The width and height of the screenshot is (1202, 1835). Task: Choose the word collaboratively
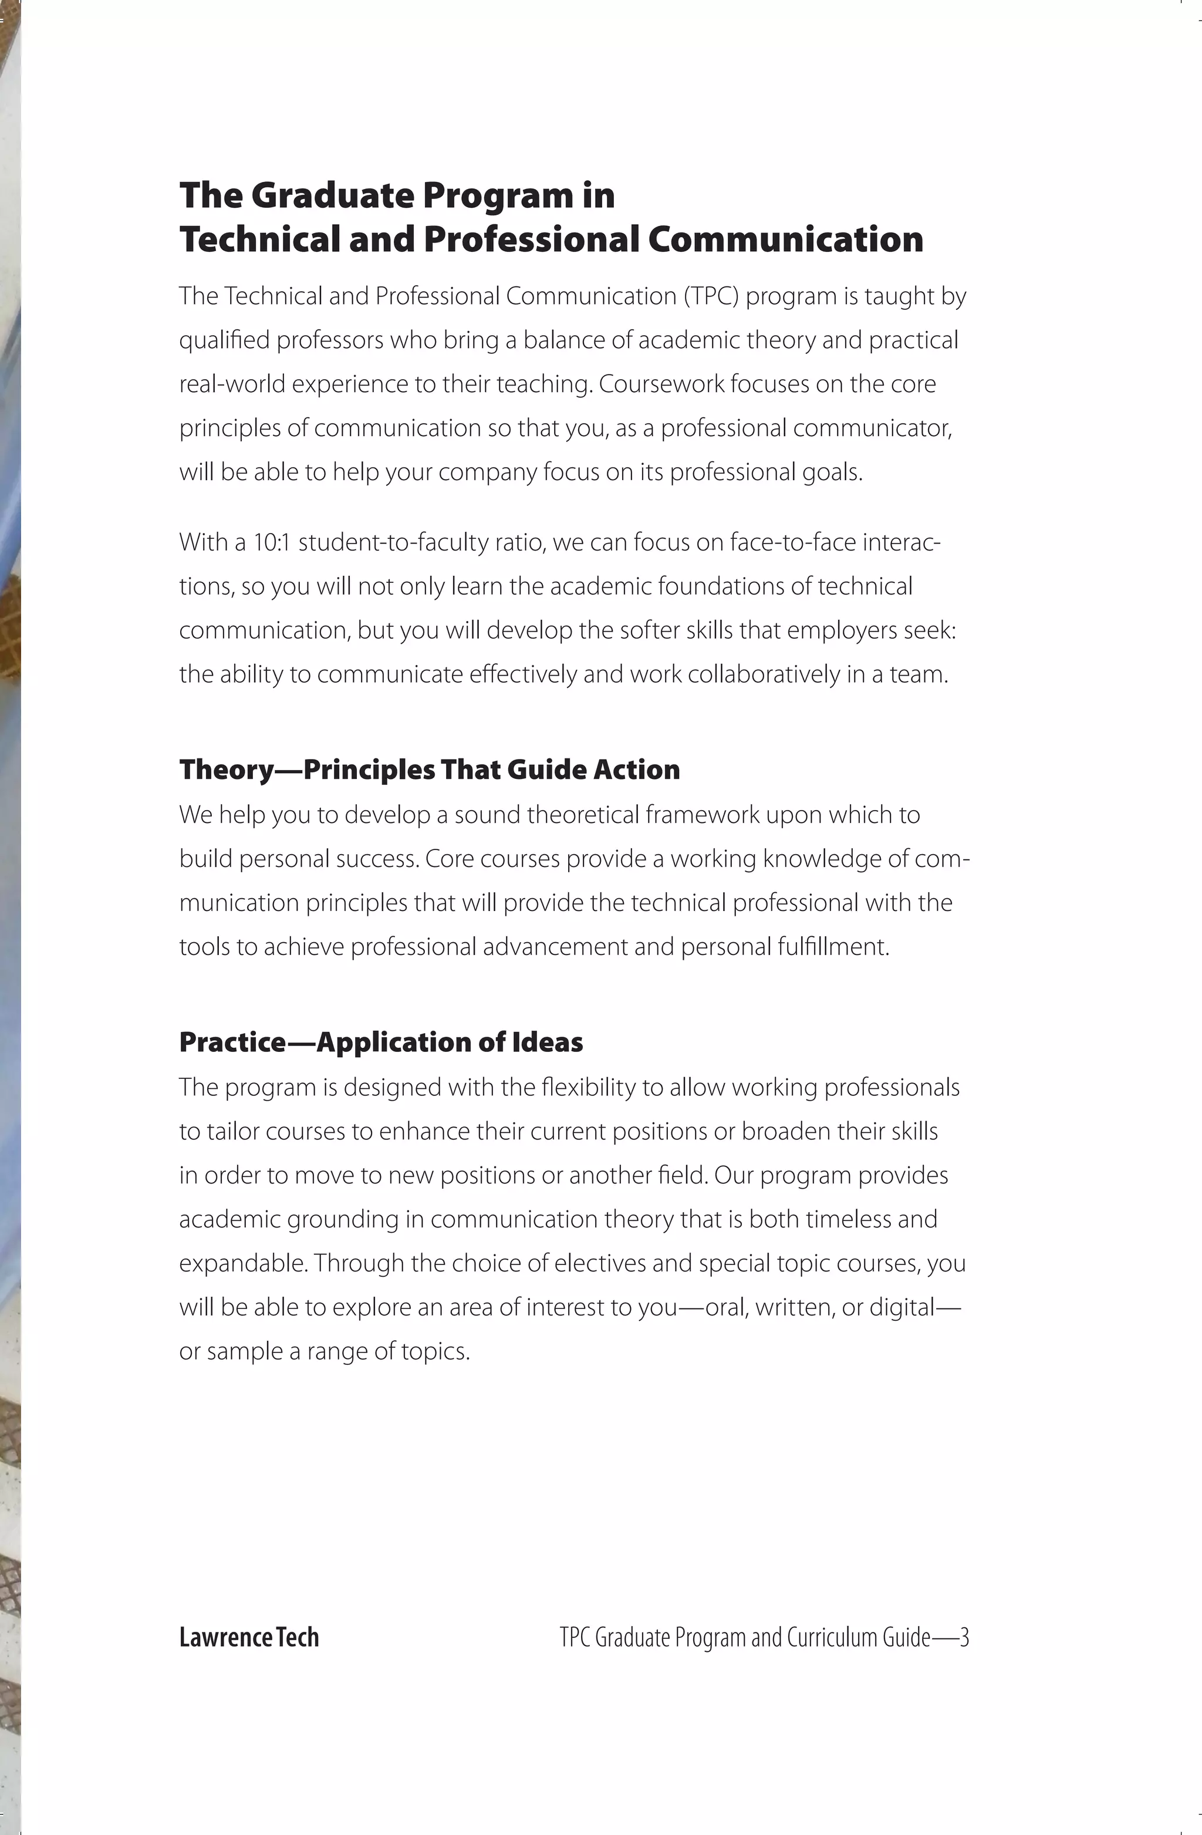tap(764, 674)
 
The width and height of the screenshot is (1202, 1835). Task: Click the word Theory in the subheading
tap(227, 770)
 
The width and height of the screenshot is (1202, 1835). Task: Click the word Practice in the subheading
tap(232, 1043)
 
